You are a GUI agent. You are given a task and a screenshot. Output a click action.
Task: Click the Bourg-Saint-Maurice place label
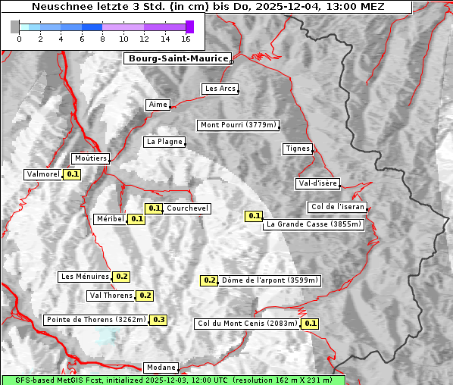pyautogui.click(x=177, y=58)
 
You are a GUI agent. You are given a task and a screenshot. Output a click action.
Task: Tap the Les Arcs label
pyautogui.click(x=220, y=89)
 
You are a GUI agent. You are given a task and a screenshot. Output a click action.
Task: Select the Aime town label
pyautogui.click(x=158, y=105)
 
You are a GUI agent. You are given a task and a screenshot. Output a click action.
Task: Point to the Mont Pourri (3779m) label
pyautogui.click(x=238, y=125)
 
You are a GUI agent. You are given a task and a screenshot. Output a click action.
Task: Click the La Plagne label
pyautogui.click(x=164, y=142)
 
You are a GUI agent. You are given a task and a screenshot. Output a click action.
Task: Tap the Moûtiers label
pyautogui.click(x=91, y=158)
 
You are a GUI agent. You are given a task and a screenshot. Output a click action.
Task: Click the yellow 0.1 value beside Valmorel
pyautogui.click(x=73, y=174)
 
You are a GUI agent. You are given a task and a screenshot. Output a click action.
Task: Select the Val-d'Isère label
pyautogui.click(x=317, y=183)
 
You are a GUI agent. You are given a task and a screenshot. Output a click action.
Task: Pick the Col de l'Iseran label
pyautogui.click(x=338, y=207)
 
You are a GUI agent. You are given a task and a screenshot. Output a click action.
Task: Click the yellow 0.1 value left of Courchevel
pyautogui.click(x=154, y=208)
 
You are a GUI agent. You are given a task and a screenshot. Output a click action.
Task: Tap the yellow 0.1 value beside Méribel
pyautogui.click(x=136, y=219)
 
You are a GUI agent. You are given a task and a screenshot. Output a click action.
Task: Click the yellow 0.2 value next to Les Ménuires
pyautogui.click(x=122, y=277)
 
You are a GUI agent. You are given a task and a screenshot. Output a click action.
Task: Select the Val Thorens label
pyautogui.click(x=111, y=296)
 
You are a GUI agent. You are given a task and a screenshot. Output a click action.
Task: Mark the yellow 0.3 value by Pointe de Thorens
pyautogui.click(x=158, y=320)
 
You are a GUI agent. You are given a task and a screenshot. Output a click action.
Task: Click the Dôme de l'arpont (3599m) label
pyautogui.click(x=270, y=280)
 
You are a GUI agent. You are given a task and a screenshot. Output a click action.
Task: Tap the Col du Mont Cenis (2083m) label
pyautogui.click(x=247, y=324)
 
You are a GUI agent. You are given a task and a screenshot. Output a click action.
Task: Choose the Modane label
pyautogui.click(x=161, y=368)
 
